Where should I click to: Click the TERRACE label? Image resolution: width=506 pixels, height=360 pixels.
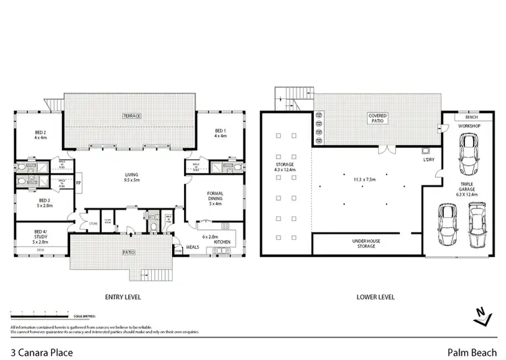[132, 116]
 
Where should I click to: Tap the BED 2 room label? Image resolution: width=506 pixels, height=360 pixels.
[40, 134]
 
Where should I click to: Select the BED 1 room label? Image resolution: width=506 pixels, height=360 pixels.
[219, 133]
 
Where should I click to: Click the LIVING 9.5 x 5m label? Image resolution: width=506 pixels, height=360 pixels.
[127, 177]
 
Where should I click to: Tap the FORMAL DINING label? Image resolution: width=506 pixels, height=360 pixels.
[215, 199]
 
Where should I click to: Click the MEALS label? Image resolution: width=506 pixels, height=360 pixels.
[193, 247]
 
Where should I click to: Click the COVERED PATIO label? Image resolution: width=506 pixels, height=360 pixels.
[377, 119]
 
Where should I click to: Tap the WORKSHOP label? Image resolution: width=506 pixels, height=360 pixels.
[469, 126]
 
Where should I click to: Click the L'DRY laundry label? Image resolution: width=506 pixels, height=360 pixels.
[428, 159]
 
